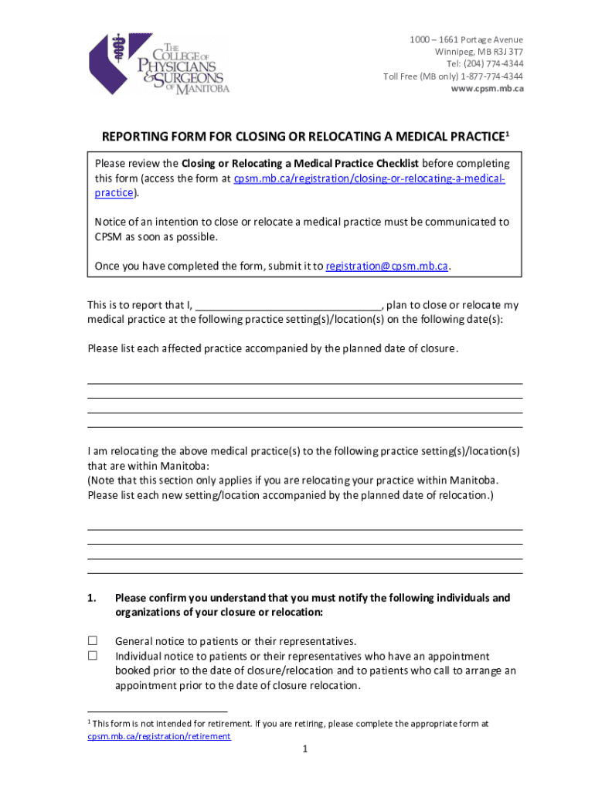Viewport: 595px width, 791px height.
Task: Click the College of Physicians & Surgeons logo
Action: [x=159, y=65]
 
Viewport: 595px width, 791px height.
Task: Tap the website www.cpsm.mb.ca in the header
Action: [x=487, y=88]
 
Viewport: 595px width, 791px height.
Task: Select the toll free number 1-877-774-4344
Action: [x=491, y=76]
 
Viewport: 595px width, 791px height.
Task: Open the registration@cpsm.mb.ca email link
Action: [x=387, y=266]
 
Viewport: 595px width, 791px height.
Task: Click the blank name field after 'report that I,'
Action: [x=287, y=305]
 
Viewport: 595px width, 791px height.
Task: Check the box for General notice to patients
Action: [x=93, y=640]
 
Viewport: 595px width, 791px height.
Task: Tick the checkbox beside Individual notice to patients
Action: [x=93, y=655]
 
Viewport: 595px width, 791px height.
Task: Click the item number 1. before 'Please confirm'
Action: [x=91, y=598]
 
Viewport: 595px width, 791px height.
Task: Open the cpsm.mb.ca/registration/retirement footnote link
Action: [x=158, y=736]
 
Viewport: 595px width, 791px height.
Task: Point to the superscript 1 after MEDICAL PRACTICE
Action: [x=507, y=134]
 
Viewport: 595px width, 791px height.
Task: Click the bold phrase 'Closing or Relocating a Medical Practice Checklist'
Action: [x=300, y=164]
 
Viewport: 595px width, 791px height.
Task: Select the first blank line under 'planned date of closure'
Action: [x=305, y=382]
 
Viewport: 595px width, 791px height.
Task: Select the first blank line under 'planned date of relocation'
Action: [x=305, y=529]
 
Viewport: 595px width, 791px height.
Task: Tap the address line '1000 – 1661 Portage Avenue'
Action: [x=466, y=39]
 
